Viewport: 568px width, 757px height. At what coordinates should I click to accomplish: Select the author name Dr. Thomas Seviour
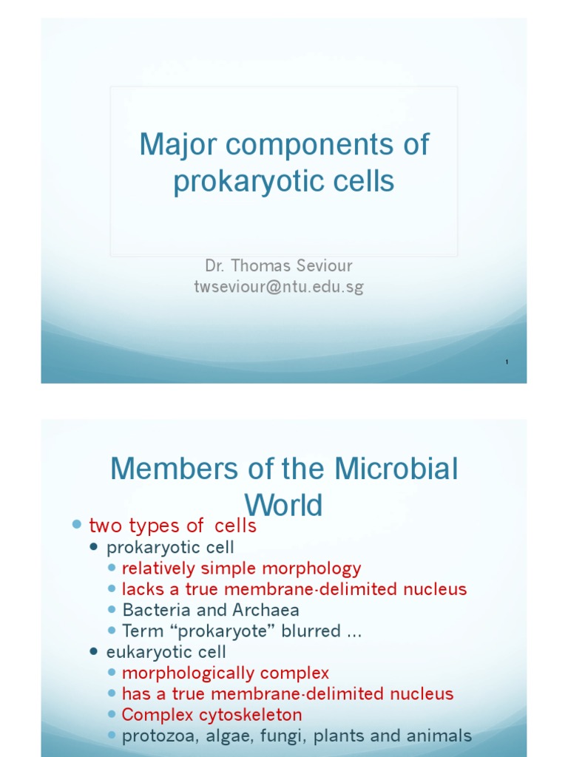(279, 264)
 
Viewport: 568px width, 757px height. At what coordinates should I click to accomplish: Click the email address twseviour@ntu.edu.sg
(279, 287)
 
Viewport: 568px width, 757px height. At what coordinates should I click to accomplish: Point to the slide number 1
(507, 361)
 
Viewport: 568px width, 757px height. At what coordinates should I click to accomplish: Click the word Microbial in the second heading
(396, 469)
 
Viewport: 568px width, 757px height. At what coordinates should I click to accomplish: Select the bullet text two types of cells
(172, 526)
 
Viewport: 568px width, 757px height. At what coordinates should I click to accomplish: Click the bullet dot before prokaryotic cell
(94, 548)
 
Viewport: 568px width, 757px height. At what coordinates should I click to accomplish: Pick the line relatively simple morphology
(241, 568)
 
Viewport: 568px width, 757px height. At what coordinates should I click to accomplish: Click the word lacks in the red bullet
(141, 589)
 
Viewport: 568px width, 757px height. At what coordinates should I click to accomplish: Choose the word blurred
(317, 631)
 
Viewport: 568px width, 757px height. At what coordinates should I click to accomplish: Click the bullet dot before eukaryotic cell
(94, 652)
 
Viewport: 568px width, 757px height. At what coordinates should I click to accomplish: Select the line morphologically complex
(225, 673)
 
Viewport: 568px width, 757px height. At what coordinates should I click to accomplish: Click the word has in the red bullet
(135, 694)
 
